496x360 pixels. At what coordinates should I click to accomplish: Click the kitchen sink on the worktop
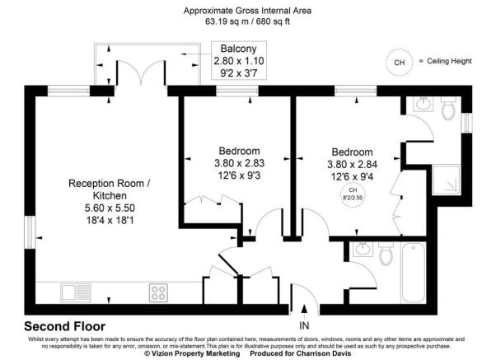click(77, 292)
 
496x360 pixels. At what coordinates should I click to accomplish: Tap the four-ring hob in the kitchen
click(158, 292)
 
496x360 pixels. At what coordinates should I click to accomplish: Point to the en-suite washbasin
click(422, 105)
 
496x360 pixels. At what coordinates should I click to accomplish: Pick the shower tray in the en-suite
click(450, 174)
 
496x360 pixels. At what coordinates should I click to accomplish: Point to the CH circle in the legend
click(400, 62)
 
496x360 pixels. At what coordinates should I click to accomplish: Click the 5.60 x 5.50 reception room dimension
click(109, 209)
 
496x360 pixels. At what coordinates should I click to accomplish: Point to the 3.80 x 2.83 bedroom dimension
click(239, 163)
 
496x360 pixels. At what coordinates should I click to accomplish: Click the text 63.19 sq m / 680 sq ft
click(247, 22)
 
